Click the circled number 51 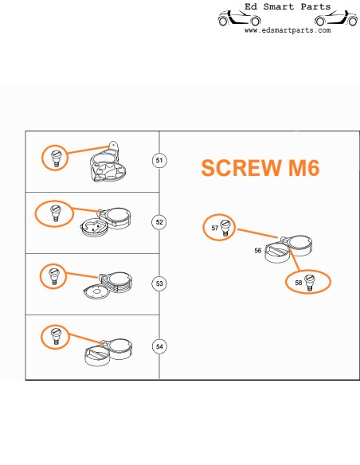point(159,160)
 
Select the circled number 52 point(159,222)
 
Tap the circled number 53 point(159,283)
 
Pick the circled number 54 point(159,346)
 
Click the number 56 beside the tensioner point(258,251)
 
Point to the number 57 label point(215,228)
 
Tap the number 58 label point(299,283)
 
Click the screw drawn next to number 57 point(225,228)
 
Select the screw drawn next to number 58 point(309,283)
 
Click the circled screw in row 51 point(56,158)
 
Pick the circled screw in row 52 point(55,213)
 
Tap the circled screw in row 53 point(53,276)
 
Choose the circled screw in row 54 point(56,336)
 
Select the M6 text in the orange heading point(304,168)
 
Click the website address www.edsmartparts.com point(288,30)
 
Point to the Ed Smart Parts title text point(288,6)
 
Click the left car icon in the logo point(239,18)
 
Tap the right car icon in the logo point(336,18)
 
